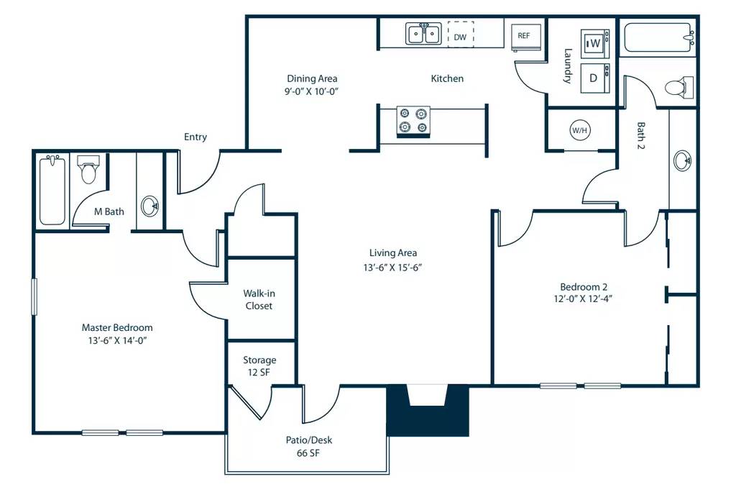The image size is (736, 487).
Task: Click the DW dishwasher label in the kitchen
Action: pos(461,35)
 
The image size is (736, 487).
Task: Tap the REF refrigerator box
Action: pos(523,35)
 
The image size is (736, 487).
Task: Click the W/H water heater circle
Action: pos(579,130)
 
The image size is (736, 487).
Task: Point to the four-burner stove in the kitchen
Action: pos(413,121)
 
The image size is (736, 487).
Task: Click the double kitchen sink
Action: pos(423,34)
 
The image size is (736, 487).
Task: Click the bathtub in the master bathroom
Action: pos(52,191)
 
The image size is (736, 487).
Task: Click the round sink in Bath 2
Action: pos(683,160)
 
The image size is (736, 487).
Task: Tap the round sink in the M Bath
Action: pos(150,206)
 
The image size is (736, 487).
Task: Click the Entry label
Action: pos(195,137)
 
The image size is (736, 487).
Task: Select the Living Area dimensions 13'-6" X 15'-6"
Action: pos(393,267)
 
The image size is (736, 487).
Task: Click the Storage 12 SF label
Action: pos(259,365)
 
